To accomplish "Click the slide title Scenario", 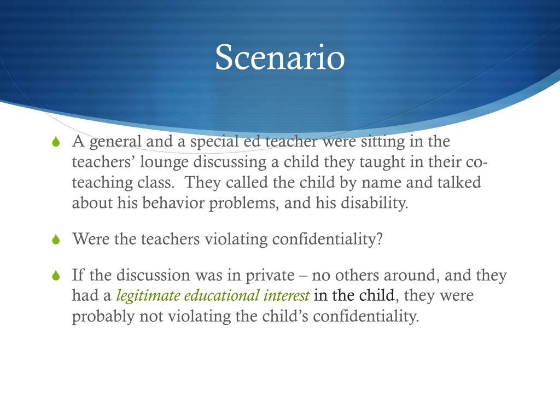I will click(x=279, y=57).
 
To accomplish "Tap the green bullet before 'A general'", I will click(x=55, y=143).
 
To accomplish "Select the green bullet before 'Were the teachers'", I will click(x=55, y=240).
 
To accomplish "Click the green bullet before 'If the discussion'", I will click(x=55, y=276).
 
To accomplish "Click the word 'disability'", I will click(x=375, y=203).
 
